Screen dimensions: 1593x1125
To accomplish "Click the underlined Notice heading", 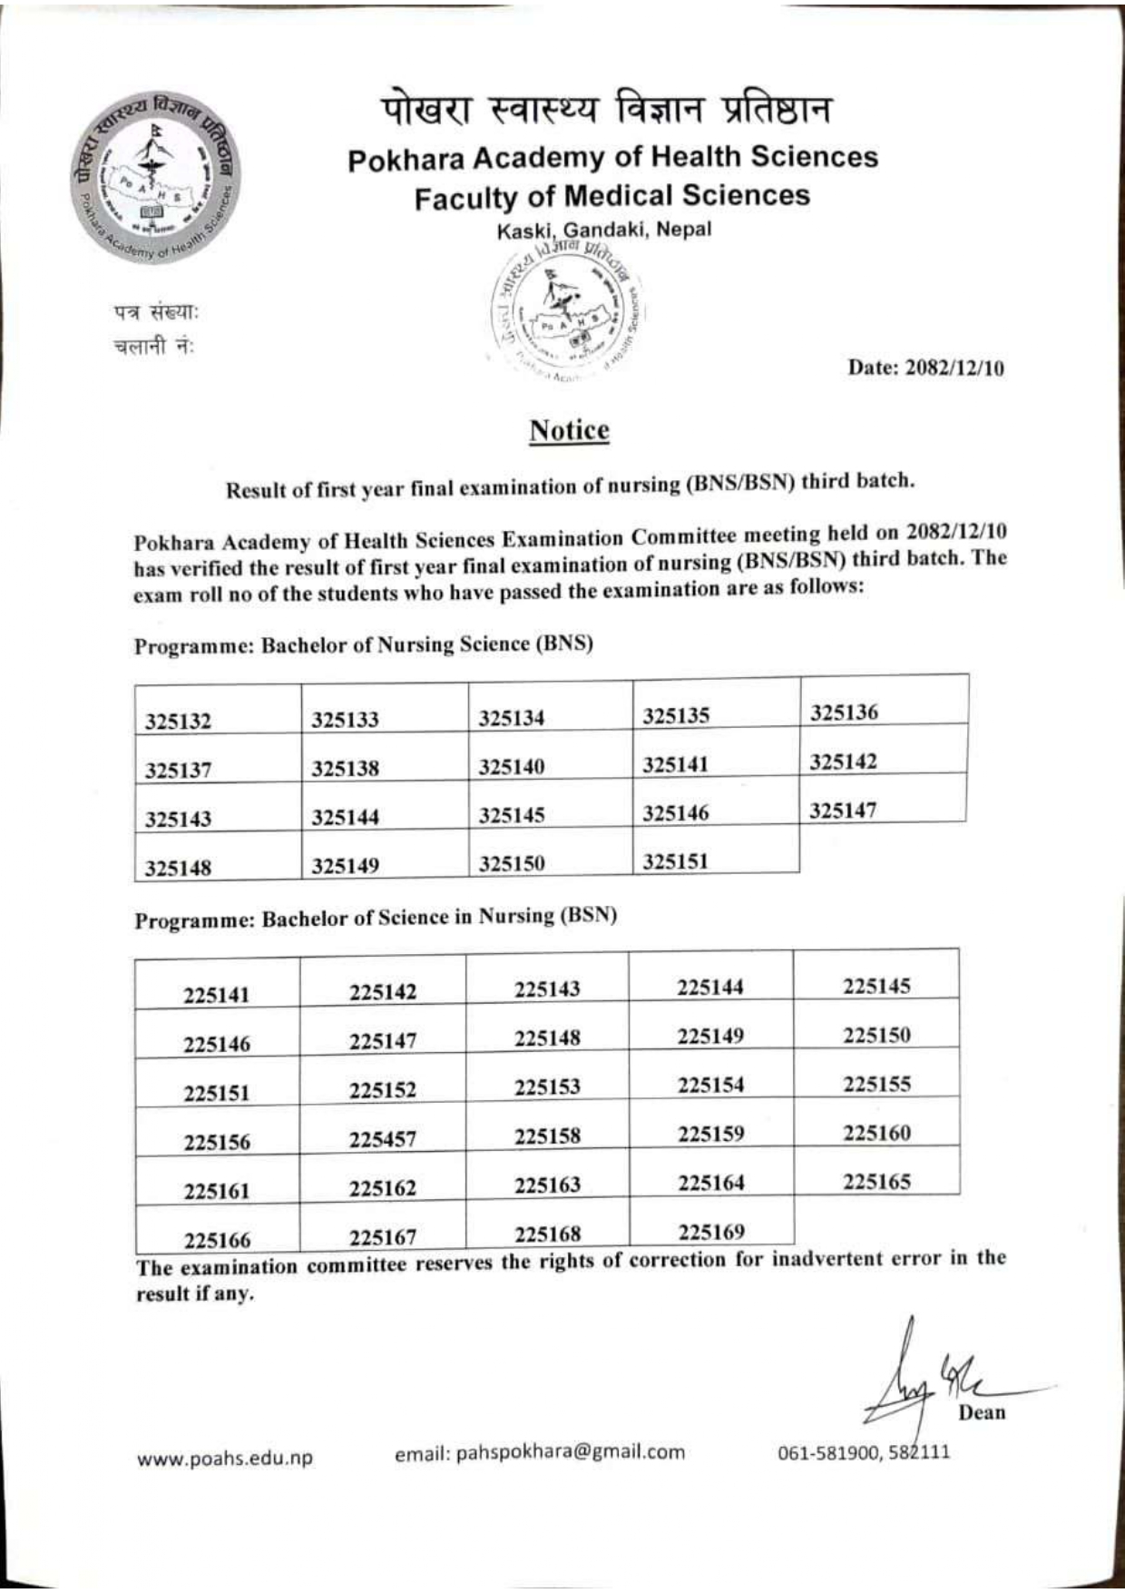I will click(x=569, y=430).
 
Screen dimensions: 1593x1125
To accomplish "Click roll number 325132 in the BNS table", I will click(x=178, y=723).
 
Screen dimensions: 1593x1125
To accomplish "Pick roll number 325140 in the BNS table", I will click(x=512, y=767).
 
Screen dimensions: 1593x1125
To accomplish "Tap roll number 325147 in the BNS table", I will click(x=843, y=810).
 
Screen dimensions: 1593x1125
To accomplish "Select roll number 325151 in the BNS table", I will click(x=675, y=860).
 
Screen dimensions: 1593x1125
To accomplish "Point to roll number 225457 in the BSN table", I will click(x=383, y=1139).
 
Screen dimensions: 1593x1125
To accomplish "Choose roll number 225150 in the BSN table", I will click(x=876, y=1036).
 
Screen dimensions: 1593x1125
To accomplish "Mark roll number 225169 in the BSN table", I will click(x=710, y=1232).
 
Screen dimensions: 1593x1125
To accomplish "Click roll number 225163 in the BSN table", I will click(x=547, y=1185).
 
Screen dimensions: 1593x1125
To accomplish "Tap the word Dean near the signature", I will click(x=982, y=1412).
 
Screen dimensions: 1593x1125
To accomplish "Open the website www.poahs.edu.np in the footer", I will click(x=225, y=1459).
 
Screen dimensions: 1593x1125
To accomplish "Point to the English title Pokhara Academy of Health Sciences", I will click(x=613, y=158).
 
